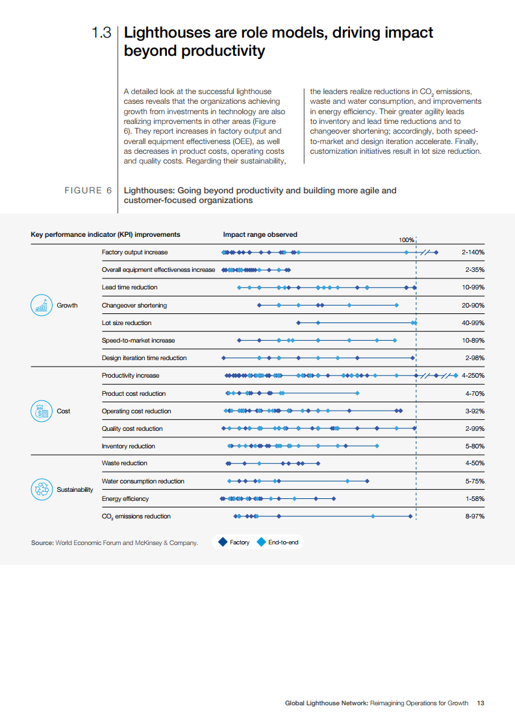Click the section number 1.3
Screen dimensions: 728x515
pos(103,32)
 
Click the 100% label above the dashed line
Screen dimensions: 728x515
pos(407,239)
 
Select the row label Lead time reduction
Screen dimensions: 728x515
pos(129,287)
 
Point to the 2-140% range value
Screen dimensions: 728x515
pos(473,252)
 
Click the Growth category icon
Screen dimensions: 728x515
pos(42,305)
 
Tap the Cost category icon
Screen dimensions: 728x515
pos(42,411)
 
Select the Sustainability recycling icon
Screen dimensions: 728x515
pos(42,489)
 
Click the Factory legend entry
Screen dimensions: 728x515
pos(234,542)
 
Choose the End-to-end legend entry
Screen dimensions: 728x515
pos(279,542)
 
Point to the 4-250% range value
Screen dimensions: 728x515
pos(473,376)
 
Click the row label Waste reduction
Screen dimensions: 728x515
pos(124,463)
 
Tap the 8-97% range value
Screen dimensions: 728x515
pos(475,516)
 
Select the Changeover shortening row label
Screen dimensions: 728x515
pos(134,305)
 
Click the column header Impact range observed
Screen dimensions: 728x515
pos(260,234)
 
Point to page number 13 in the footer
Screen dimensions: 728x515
pos(481,703)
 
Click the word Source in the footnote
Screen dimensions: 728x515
pos(42,542)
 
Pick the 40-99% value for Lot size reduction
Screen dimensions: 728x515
pos(473,322)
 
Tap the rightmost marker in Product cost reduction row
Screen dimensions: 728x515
pos(357,393)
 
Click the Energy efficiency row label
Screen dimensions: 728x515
pos(125,498)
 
